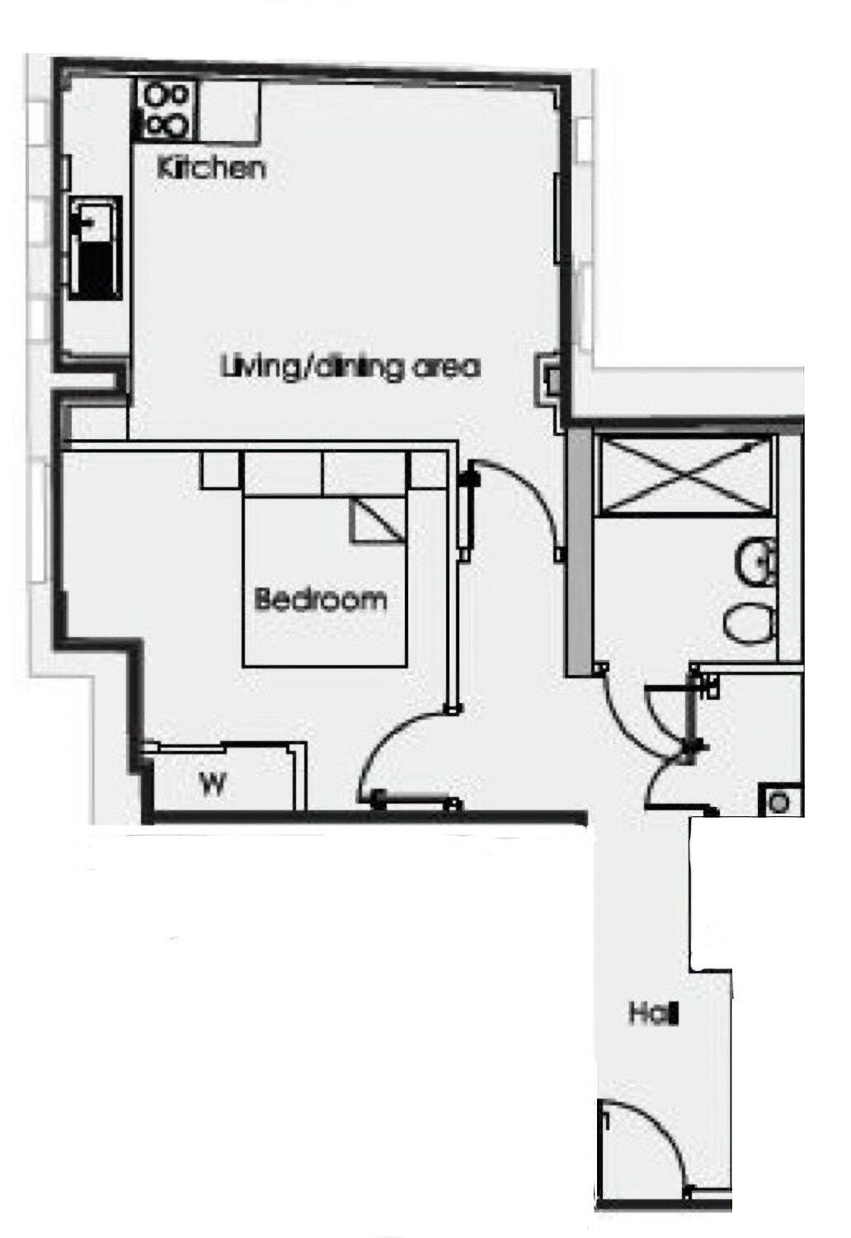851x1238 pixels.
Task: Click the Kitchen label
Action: [211, 168]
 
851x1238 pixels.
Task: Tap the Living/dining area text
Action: [350, 366]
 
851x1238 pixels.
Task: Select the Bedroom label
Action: [320, 599]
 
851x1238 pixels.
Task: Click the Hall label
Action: [653, 1013]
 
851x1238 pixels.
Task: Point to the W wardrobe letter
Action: [213, 785]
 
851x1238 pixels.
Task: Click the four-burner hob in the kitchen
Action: [166, 110]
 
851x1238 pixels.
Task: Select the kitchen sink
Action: [94, 246]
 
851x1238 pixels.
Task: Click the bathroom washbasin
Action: [756, 562]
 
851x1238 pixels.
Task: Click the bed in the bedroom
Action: [325, 581]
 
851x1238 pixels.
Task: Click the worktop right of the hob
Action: [229, 111]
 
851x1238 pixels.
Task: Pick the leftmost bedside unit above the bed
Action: [221, 471]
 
